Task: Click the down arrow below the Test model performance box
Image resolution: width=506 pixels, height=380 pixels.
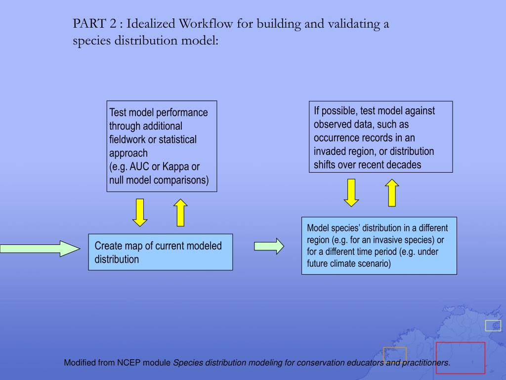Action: click(140, 212)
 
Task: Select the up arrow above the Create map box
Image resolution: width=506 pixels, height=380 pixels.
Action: click(181, 212)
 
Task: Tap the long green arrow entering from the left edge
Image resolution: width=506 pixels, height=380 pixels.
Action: click(40, 248)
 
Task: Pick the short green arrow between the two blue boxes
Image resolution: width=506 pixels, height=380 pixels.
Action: click(269, 246)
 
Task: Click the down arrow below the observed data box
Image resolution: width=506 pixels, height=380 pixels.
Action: click(351, 192)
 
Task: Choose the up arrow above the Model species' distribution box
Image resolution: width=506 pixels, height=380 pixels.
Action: click(392, 192)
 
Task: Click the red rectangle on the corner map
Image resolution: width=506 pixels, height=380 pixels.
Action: click(460, 358)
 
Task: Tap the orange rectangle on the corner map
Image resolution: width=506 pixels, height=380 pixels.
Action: click(394, 354)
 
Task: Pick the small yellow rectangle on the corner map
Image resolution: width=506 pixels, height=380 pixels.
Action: click(493, 325)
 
